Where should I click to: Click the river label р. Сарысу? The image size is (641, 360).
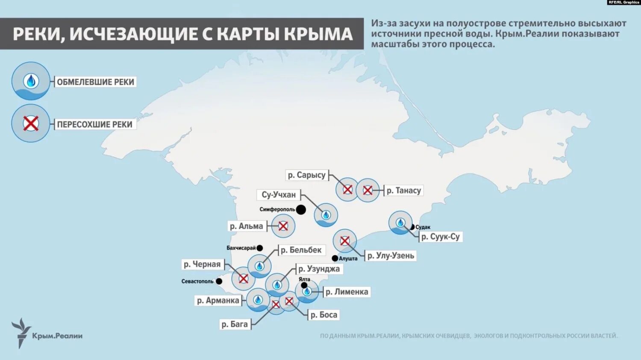coord(306,175)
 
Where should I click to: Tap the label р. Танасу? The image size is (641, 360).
coord(404,190)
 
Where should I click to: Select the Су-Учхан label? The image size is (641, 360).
coord(279,195)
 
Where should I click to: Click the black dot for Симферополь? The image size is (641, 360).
coord(301,209)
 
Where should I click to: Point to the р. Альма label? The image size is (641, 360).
coord(247,226)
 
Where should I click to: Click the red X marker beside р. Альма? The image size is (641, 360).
coord(283,226)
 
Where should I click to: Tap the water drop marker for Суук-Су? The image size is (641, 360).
coord(400,222)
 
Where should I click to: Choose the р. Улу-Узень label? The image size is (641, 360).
coord(391,256)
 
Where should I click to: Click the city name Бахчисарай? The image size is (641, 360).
coord(241,248)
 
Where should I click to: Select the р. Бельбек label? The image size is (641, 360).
coord(301,250)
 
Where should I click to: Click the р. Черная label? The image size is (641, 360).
coord(202,264)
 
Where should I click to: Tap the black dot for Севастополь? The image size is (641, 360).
coord(219,281)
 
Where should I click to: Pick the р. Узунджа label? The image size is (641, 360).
coord(319,269)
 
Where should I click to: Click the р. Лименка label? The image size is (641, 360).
coord(347,292)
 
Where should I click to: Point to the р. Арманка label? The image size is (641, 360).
coord(218,301)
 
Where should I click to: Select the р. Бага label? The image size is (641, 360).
coord(235,324)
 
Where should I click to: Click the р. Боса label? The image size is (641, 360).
coord(323,315)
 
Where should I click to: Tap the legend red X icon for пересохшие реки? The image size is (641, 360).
coord(31,123)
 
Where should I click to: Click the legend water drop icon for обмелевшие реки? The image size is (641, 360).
coord(31,81)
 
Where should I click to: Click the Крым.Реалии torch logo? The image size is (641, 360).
coord(20,332)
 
